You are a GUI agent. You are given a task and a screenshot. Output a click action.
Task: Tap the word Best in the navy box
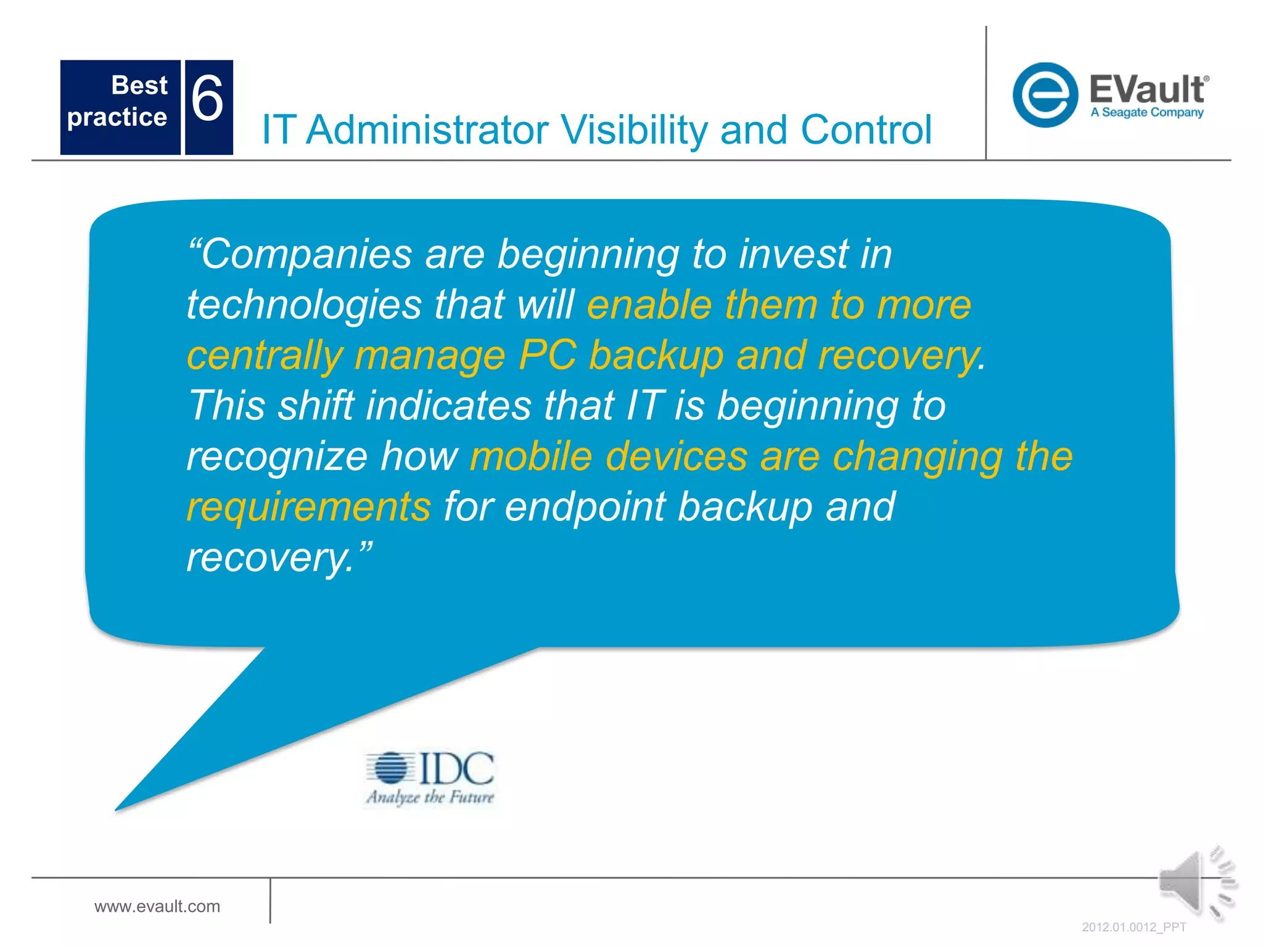pyautogui.click(x=139, y=85)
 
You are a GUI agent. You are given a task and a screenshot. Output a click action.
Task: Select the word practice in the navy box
pyautogui.click(x=117, y=117)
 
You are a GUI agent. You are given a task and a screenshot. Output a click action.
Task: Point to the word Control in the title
pyautogui.click(x=866, y=130)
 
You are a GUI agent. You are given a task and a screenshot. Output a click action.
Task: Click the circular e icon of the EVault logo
pyautogui.click(x=1045, y=95)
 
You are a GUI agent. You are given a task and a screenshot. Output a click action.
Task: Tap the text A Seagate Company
pyautogui.click(x=1146, y=113)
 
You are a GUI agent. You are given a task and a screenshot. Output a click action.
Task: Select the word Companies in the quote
pyautogui.click(x=306, y=254)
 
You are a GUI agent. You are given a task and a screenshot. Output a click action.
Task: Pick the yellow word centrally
pyautogui.click(x=265, y=356)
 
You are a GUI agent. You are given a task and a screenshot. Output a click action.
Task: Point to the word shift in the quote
pyautogui.click(x=316, y=406)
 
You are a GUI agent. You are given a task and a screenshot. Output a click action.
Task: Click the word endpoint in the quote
pyautogui.click(x=585, y=507)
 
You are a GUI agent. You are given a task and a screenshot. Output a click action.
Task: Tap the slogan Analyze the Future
pyautogui.click(x=430, y=797)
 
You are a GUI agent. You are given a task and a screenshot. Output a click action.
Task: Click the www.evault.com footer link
pyautogui.click(x=157, y=906)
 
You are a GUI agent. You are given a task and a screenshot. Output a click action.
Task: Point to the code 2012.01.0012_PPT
pyautogui.click(x=1133, y=927)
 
